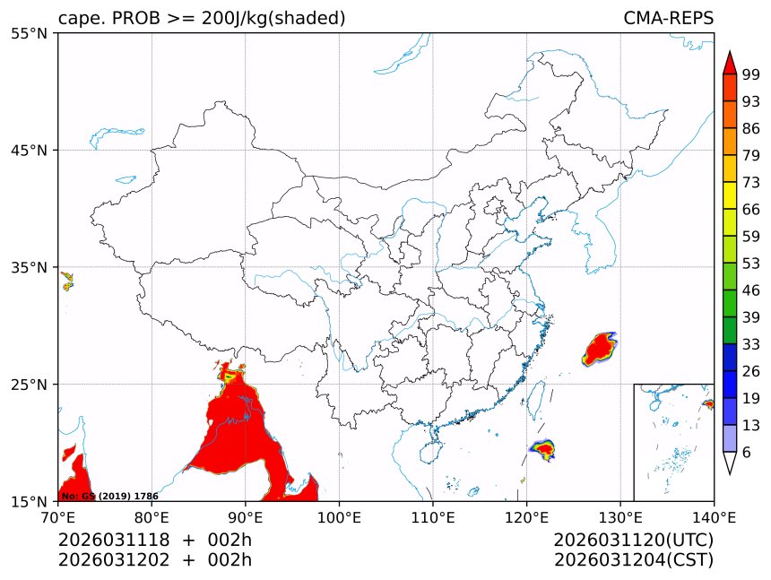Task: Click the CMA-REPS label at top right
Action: (x=668, y=19)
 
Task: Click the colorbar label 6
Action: (x=747, y=453)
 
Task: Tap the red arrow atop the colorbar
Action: (x=730, y=62)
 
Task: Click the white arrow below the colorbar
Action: (x=730, y=463)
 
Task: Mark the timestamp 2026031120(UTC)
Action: (x=633, y=540)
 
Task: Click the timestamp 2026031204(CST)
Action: (x=633, y=560)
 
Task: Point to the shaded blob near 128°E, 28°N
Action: (x=600, y=347)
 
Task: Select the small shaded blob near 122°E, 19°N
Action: (x=543, y=447)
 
